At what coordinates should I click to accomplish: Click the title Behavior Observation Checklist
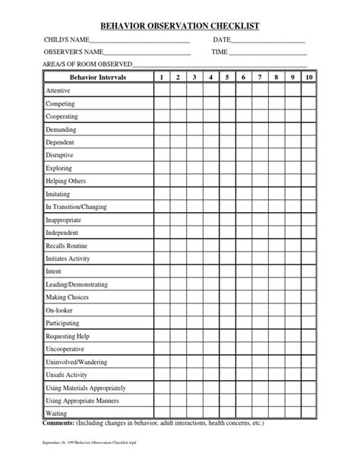(x=180, y=25)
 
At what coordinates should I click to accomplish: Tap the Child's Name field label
(x=68, y=40)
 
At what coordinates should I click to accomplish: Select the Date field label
(x=221, y=40)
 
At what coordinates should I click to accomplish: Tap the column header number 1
(x=161, y=78)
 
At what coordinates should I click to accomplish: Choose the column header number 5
(x=227, y=78)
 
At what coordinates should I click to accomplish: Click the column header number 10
(x=308, y=78)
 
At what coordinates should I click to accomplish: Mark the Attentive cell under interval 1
(x=161, y=90)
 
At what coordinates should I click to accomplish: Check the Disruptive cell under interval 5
(x=227, y=155)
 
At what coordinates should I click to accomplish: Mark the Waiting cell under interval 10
(x=308, y=414)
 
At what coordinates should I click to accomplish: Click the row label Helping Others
(x=66, y=181)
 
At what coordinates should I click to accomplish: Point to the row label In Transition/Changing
(x=76, y=207)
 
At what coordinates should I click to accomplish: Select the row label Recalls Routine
(x=67, y=246)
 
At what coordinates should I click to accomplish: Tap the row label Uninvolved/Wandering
(x=77, y=362)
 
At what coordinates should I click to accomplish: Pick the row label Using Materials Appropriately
(x=86, y=388)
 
